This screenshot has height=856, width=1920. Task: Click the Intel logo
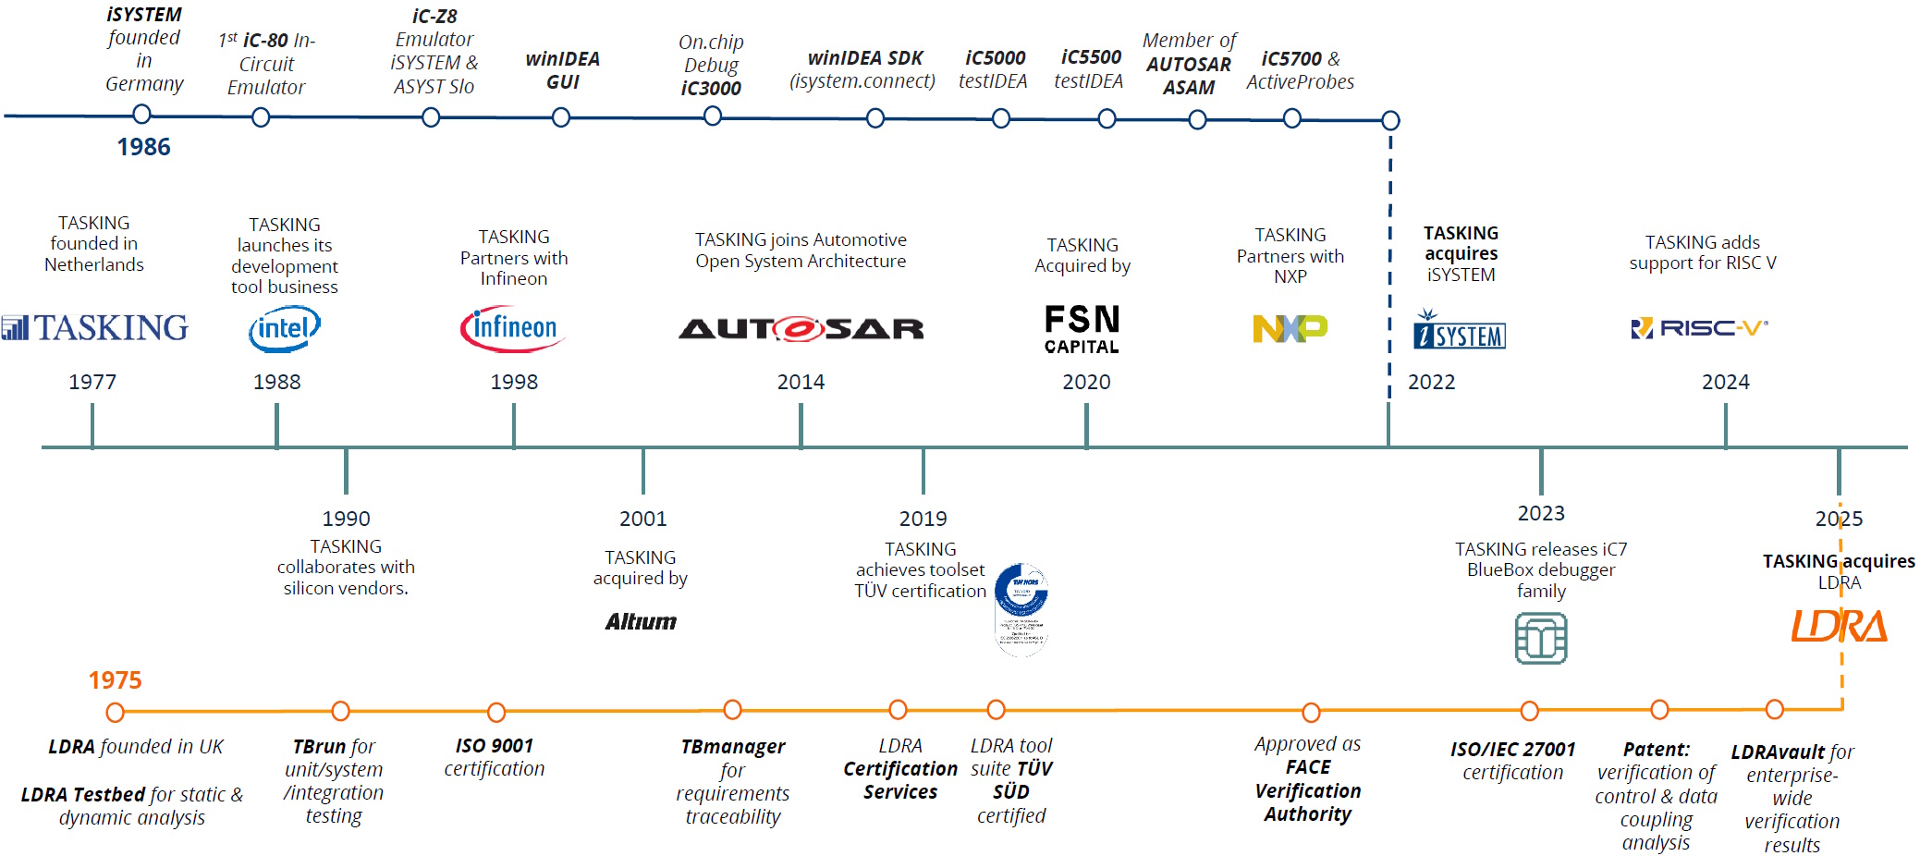point(285,329)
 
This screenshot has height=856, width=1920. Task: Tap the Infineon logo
point(513,329)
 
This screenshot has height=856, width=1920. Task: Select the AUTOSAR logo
point(801,328)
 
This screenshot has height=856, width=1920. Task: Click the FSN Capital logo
point(1082,329)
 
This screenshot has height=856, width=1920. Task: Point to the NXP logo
point(1290,328)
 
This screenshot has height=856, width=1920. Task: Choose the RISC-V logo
point(1699,328)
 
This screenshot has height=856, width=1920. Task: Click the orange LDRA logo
point(1839,626)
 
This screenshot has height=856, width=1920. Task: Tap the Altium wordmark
point(641,621)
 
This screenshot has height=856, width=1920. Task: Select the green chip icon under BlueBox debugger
point(1541,638)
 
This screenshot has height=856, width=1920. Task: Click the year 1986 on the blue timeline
point(143,147)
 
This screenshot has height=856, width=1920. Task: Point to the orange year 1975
point(115,680)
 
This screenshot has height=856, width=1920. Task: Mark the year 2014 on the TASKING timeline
point(801,382)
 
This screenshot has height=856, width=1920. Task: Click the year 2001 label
point(642,519)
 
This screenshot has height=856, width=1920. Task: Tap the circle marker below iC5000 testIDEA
point(1000,118)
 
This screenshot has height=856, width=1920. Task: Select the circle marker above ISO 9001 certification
point(496,712)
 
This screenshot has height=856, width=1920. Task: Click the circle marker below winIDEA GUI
point(561,117)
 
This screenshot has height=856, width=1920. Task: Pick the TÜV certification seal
point(1021,608)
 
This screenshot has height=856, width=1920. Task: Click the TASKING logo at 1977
point(94,327)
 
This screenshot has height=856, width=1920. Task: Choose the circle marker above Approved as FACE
point(1311,712)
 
